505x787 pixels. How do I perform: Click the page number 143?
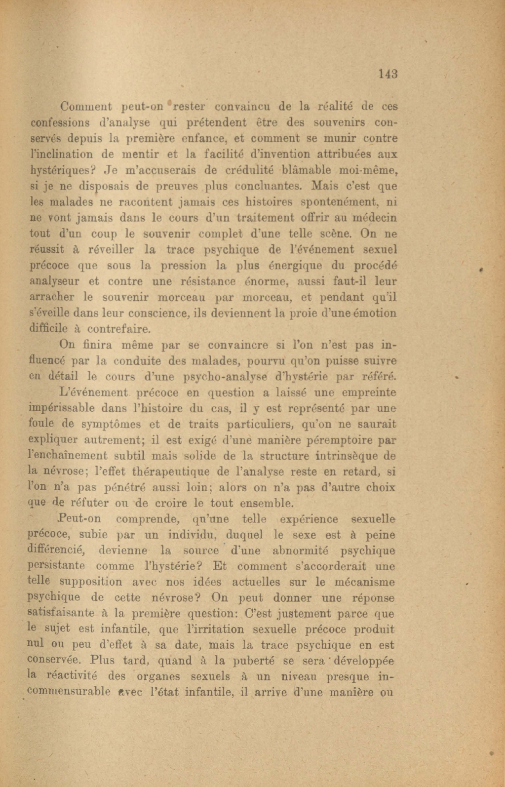pos(388,74)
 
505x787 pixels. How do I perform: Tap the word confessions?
pos(60,122)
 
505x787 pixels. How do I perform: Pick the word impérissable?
pos(62,409)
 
